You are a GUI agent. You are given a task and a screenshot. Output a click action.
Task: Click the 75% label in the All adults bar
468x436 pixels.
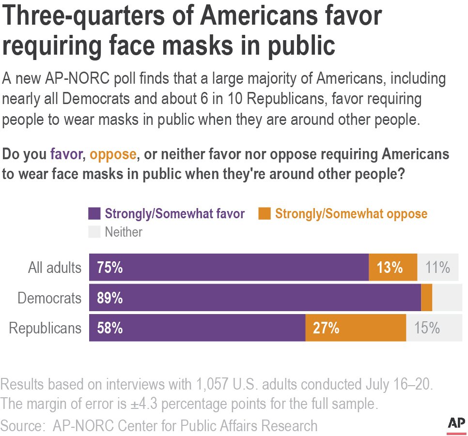(x=109, y=267)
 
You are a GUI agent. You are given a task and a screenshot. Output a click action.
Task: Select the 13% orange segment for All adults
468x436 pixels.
(x=392, y=267)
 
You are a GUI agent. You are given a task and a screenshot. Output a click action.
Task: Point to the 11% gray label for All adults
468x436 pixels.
(x=437, y=267)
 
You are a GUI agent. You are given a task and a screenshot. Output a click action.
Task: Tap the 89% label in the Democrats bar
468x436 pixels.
(x=109, y=298)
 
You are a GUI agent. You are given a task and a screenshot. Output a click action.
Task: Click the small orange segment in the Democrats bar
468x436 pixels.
(x=426, y=298)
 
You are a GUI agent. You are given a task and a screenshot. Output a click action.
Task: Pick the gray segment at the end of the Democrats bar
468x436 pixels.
(x=445, y=298)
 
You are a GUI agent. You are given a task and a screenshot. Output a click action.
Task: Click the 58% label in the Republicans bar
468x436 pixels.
(x=109, y=328)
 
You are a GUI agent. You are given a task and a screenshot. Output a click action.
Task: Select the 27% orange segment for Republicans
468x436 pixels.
(x=355, y=328)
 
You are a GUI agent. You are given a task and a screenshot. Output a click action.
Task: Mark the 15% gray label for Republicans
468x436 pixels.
(x=427, y=328)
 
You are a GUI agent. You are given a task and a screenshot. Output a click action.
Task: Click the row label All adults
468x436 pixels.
(x=54, y=268)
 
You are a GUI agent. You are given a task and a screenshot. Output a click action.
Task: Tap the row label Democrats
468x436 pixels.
(x=49, y=298)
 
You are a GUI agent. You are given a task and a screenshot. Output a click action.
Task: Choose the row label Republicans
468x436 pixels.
(x=46, y=329)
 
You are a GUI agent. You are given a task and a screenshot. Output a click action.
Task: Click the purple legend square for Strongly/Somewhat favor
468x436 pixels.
(x=94, y=213)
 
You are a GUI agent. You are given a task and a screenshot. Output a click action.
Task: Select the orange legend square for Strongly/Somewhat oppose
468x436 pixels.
(x=265, y=213)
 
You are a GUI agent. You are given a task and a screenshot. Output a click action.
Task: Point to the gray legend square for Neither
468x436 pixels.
(x=94, y=232)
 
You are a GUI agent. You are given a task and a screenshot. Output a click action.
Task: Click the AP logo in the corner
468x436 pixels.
(x=455, y=423)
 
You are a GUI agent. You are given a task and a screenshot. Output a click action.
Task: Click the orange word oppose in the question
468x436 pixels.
(x=113, y=154)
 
